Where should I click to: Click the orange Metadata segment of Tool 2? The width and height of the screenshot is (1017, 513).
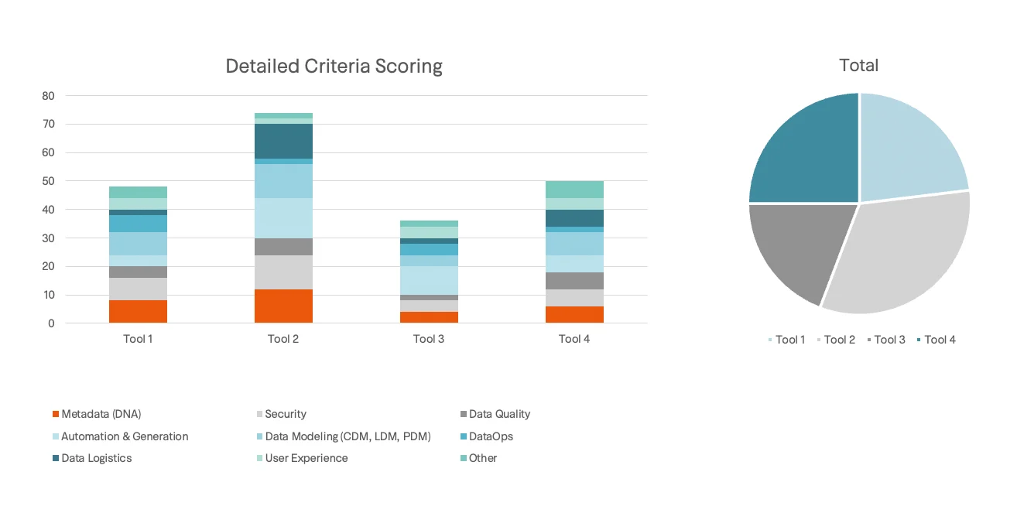(x=283, y=306)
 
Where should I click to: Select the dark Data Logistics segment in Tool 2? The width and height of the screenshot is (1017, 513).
(x=283, y=141)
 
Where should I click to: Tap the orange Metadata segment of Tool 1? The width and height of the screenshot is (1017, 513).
(x=138, y=312)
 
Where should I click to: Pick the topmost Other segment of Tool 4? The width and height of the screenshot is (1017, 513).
(x=574, y=190)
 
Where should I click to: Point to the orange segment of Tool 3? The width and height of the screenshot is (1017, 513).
(x=429, y=317)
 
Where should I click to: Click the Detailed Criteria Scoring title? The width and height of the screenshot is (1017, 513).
(x=334, y=67)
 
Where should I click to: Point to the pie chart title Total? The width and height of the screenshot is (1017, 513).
(x=858, y=66)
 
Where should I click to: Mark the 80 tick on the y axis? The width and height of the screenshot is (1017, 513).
(x=48, y=96)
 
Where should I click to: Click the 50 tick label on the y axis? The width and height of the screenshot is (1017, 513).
(x=48, y=181)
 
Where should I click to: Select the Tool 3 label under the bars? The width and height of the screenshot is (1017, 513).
(x=429, y=339)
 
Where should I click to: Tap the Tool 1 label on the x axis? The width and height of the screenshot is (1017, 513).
(x=138, y=339)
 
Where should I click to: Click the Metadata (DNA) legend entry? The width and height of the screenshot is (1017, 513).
(x=101, y=414)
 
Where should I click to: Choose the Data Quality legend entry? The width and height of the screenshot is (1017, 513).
(x=499, y=414)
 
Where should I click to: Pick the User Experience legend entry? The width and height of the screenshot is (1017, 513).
(x=306, y=458)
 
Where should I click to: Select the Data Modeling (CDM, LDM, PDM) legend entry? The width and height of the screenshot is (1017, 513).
(x=347, y=436)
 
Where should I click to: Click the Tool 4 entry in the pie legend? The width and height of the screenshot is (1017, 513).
(x=940, y=340)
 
